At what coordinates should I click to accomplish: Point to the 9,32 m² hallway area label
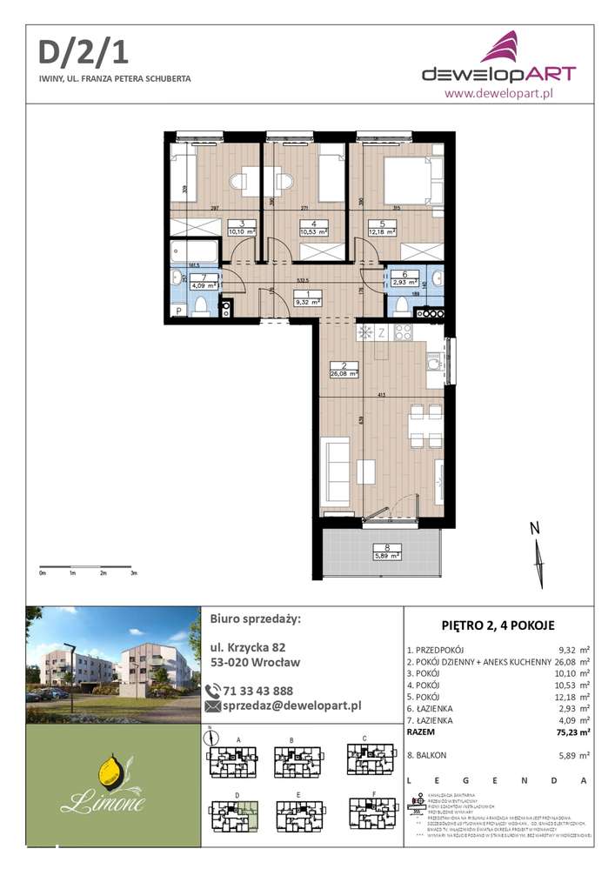[308, 303]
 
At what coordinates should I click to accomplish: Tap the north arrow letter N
[536, 528]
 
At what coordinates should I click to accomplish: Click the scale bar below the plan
[87, 566]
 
